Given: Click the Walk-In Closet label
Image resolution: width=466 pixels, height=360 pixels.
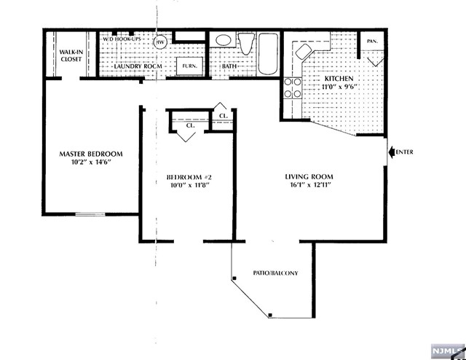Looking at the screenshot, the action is tap(71, 55).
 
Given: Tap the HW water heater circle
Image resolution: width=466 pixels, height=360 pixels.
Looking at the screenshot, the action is tap(160, 42).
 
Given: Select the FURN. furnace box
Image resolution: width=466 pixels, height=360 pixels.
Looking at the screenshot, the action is tap(189, 66).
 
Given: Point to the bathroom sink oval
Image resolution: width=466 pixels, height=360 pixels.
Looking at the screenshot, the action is tap(223, 41).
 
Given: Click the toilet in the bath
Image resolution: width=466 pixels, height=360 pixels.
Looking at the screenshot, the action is tap(246, 44).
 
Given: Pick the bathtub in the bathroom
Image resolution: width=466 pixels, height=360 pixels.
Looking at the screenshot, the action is tap(268, 54).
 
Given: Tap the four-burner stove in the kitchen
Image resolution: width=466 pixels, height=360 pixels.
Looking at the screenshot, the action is tap(293, 87).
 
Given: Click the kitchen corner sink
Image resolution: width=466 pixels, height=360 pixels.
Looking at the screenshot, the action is tap(303, 51).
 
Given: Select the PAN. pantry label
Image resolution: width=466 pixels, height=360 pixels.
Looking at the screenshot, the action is tap(372, 42).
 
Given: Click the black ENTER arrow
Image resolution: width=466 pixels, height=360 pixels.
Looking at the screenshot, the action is tap(392, 152).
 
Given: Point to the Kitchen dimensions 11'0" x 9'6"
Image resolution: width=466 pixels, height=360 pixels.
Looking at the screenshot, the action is tap(339, 87).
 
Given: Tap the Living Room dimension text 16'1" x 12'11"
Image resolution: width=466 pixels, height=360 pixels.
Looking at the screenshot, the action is tap(310, 185).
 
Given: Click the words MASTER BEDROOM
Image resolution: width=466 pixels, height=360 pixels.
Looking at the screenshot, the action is tap(91, 154).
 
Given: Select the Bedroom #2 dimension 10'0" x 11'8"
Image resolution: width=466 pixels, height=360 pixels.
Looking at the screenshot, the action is tap(189, 185).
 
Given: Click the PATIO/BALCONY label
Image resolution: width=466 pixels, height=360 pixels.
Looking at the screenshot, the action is tap(275, 273).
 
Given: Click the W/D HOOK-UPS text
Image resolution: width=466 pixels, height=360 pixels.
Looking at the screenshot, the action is tap(122, 39).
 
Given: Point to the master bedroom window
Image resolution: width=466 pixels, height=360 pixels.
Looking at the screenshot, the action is tap(90, 214).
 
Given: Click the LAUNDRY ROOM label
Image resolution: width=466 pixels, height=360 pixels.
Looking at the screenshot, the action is tap(138, 66).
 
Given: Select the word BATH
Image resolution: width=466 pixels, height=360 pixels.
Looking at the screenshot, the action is tap(229, 66).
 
